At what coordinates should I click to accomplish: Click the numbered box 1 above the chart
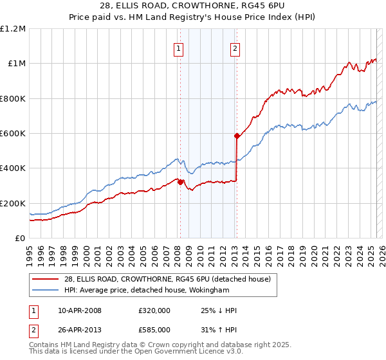click(x=178, y=48)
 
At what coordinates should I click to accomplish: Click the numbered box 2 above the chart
click(x=235, y=48)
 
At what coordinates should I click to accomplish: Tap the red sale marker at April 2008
click(x=180, y=182)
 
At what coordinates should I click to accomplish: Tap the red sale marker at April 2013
click(x=237, y=136)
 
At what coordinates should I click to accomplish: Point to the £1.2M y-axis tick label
click(x=13, y=29)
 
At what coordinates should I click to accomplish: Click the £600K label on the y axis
click(x=13, y=134)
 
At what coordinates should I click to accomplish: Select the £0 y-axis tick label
click(x=20, y=239)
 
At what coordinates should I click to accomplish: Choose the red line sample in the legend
click(x=46, y=278)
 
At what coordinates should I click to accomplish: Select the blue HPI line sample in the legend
click(x=46, y=291)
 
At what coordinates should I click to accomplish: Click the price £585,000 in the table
click(x=154, y=330)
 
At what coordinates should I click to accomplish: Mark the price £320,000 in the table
click(x=154, y=310)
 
